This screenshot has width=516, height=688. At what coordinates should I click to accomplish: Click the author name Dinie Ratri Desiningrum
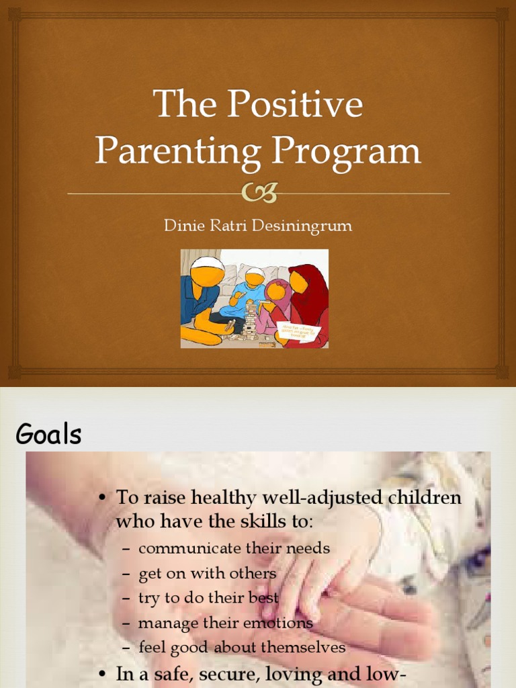point(257,226)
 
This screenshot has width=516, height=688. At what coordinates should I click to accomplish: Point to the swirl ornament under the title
point(258,194)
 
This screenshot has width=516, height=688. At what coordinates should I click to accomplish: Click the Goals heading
point(49,435)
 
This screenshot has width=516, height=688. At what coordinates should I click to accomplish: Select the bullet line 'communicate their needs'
point(234,548)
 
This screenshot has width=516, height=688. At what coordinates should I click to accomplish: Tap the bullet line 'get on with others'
point(207,573)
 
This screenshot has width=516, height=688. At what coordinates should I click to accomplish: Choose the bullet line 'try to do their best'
point(208,598)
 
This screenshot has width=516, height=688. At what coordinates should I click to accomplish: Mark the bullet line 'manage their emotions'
point(225,623)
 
